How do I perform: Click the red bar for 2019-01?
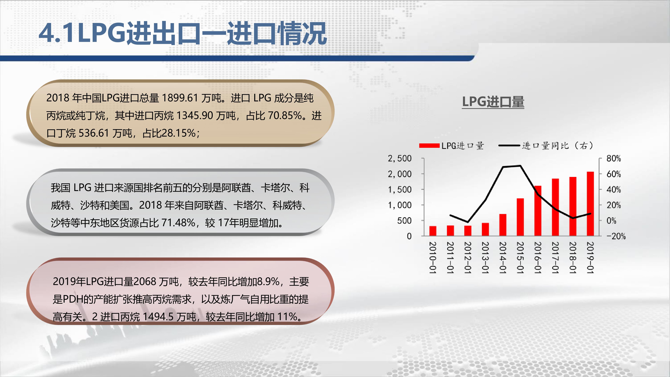coord(590,204)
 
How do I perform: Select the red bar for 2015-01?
coord(520,217)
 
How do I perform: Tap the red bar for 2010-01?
coord(433,231)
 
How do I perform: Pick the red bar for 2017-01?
coord(555,207)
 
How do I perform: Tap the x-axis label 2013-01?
coord(485,258)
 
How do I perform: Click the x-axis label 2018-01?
coord(573,258)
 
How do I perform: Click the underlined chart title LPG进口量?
coord(493,102)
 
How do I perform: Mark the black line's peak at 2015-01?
coord(520,166)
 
